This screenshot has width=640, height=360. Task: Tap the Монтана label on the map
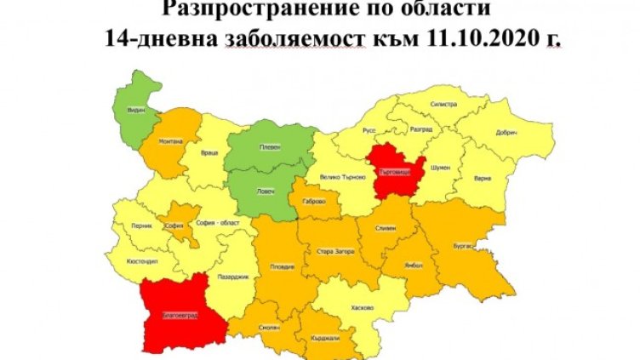pos(169,141)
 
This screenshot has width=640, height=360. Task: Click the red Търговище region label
pos(395,173)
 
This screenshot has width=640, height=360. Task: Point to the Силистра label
pos(445,103)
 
